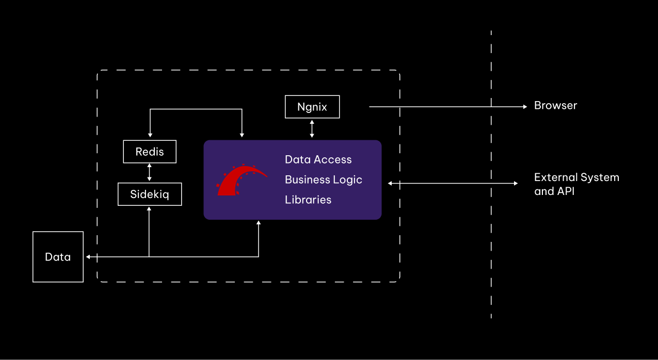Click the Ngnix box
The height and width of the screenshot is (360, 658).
[x=312, y=107]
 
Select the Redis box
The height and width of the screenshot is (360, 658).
[x=150, y=152]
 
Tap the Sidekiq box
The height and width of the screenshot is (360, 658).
[x=150, y=194]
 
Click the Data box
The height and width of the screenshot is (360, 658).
[x=58, y=257]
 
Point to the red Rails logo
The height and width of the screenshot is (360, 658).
[x=240, y=181]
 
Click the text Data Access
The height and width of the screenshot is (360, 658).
[x=318, y=160]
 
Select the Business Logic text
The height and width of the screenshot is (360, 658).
[x=323, y=180]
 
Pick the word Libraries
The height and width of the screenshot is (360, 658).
[x=308, y=200]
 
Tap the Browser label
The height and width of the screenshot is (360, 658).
[x=555, y=106]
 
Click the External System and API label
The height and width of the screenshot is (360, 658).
[x=576, y=184]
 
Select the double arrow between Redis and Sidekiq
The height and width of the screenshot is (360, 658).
[x=150, y=172]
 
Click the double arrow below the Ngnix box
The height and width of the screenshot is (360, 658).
[x=312, y=128]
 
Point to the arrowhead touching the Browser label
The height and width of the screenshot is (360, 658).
[x=524, y=107]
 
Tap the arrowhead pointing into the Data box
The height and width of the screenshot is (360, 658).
[x=88, y=256]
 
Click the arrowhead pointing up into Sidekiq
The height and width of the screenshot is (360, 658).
[x=149, y=209]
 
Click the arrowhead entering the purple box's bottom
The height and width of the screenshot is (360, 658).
[x=259, y=223]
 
